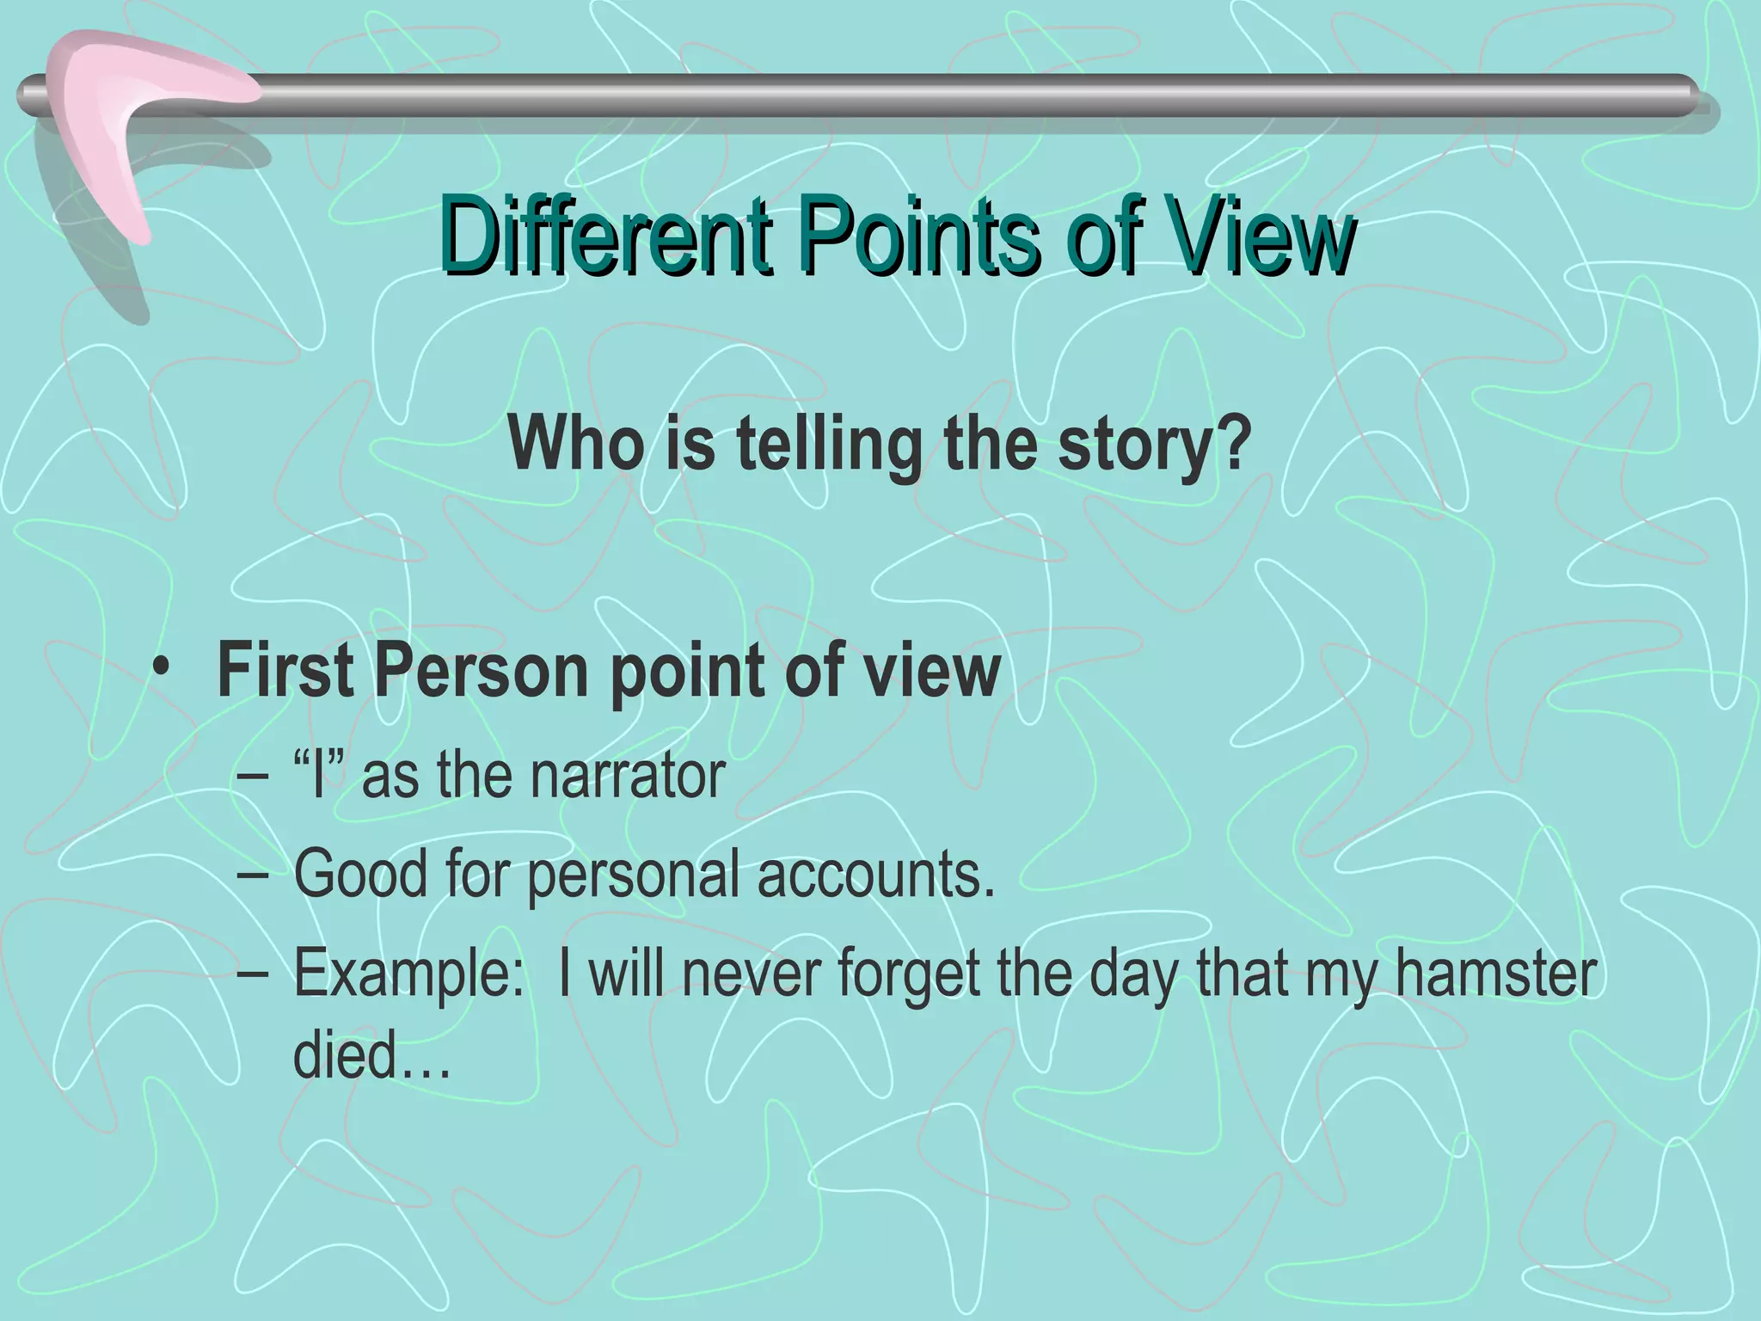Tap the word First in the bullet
(285, 672)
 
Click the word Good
(361, 874)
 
